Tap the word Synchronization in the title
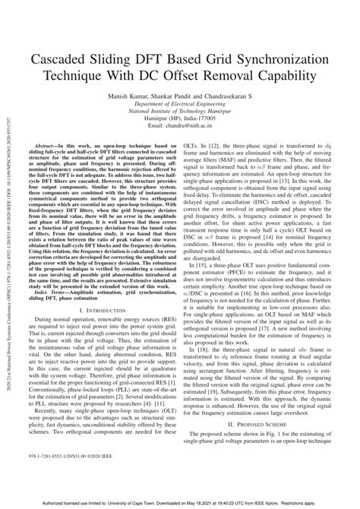(276, 59)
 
